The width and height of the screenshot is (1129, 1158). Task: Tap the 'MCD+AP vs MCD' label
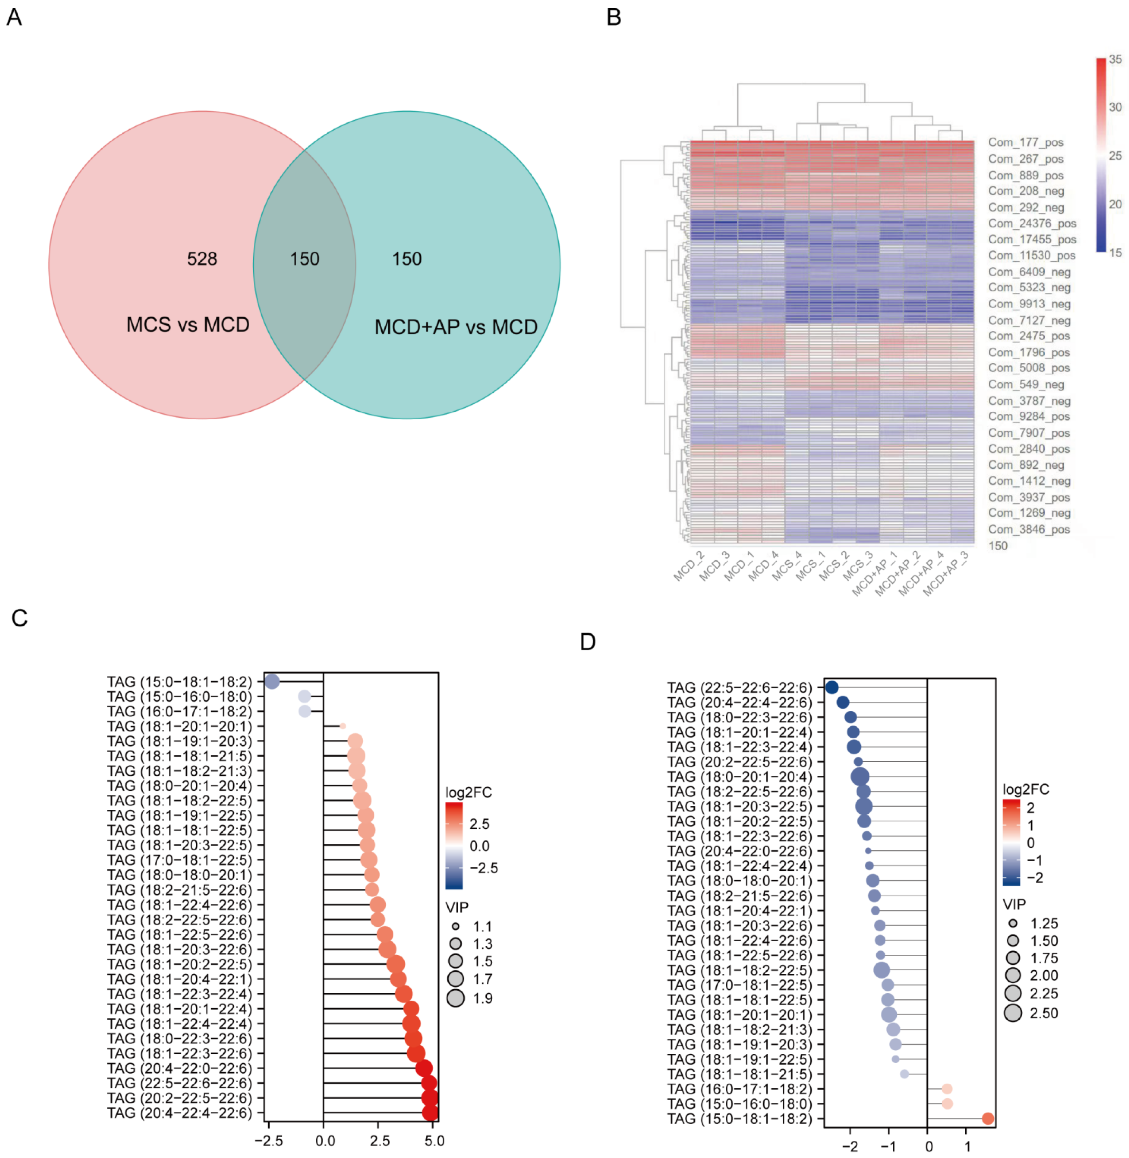(x=455, y=327)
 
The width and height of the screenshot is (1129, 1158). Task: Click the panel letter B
(x=613, y=17)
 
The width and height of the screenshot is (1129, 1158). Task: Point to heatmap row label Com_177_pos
(x=1025, y=142)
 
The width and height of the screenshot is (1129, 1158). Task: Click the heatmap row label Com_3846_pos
(x=1028, y=530)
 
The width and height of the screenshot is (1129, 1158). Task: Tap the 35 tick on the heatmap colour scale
(x=1115, y=59)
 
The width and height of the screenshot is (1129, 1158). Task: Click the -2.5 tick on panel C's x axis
(x=269, y=1141)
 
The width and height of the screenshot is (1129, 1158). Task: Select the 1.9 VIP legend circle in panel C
(x=455, y=999)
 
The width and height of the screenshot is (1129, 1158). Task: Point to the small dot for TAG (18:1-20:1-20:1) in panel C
(x=342, y=726)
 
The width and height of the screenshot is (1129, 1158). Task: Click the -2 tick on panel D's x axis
(x=850, y=1147)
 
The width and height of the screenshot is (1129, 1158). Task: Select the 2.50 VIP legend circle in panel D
(x=1013, y=1013)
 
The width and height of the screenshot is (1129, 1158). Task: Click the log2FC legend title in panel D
(x=1025, y=789)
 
